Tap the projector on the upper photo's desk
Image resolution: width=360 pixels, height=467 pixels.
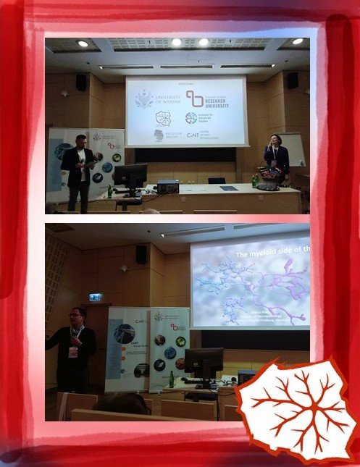pyautogui.click(x=168, y=186)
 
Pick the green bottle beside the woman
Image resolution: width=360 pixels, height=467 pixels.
pyautogui.click(x=254, y=180)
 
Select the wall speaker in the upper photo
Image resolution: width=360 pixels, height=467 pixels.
pyautogui.click(x=81, y=83)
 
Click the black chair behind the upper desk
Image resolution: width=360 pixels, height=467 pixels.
pyautogui.click(x=216, y=180)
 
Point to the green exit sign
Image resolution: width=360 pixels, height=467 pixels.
pyautogui.click(x=95, y=297)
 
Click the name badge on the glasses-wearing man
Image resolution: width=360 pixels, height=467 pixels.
pyautogui.click(x=72, y=351)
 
